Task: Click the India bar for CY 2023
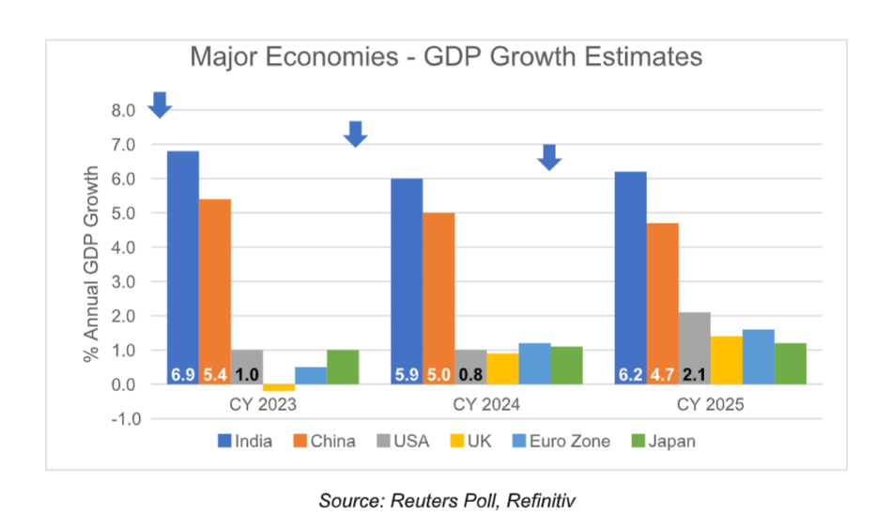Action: pyautogui.click(x=183, y=263)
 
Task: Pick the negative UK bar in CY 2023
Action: pyautogui.click(x=279, y=387)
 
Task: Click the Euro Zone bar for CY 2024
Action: pyautogui.click(x=534, y=363)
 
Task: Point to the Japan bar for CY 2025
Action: pyautogui.click(x=791, y=363)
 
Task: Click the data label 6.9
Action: pyautogui.click(x=183, y=375)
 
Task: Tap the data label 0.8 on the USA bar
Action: pyautogui.click(x=470, y=375)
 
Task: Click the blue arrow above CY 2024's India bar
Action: pyautogui.click(x=354, y=133)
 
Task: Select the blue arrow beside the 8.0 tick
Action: pyautogui.click(x=160, y=104)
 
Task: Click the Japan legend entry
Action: pyautogui.click(x=661, y=441)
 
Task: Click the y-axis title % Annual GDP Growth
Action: pyautogui.click(x=91, y=265)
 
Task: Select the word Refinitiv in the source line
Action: pyautogui.click(x=541, y=501)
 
